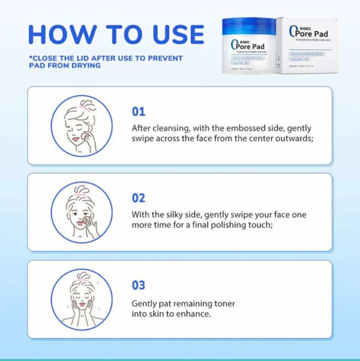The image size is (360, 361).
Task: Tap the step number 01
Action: (x=139, y=112)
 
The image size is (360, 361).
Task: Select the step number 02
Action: (x=139, y=198)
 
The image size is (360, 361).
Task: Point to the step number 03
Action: (x=139, y=285)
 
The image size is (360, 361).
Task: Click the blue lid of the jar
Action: (x=247, y=26)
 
